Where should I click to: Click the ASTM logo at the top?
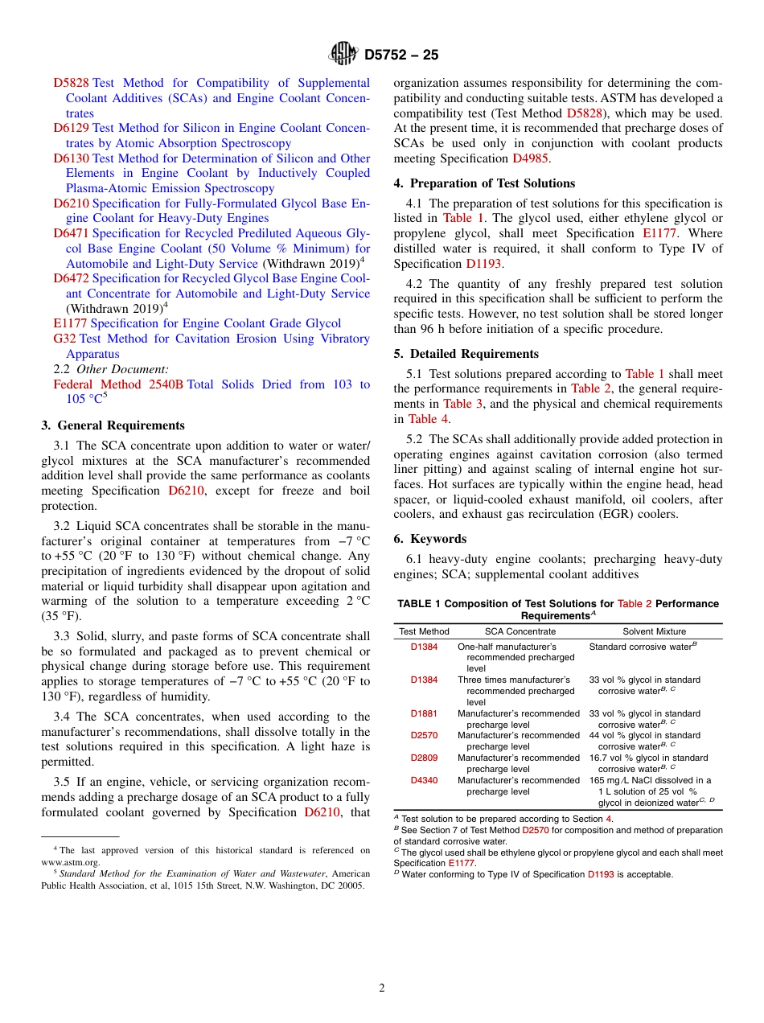pyautogui.click(x=343, y=55)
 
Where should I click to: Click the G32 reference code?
pyautogui.click(x=64, y=339)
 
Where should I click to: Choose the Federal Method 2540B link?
pyautogui.click(x=118, y=384)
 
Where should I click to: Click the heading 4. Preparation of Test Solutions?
pyautogui.click(x=484, y=183)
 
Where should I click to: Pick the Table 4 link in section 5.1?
pyautogui.click(x=422, y=419)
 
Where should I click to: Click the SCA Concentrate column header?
pyautogui.click(x=520, y=631)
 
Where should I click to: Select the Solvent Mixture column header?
pyautogui.click(x=655, y=631)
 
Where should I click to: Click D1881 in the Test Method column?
pyautogui.click(x=424, y=713)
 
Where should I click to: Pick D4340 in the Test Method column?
pyautogui.click(x=424, y=780)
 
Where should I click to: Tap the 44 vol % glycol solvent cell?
pyautogui.click(x=644, y=741)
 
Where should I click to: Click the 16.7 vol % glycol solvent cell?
pyautogui.click(x=648, y=763)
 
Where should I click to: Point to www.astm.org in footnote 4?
pyautogui.click(x=71, y=862)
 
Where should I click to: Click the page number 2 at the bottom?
pyautogui.click(x=382, y=988)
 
